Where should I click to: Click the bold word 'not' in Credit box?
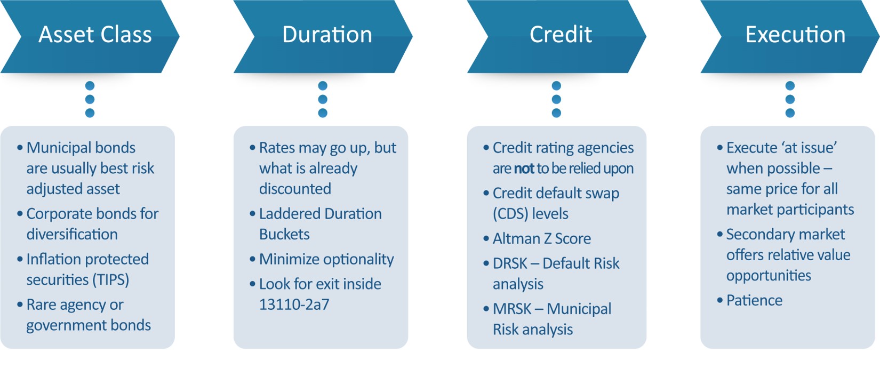tap(524, 169)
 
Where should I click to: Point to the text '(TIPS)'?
tap(111, 280)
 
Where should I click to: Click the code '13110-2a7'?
tap(294, 304)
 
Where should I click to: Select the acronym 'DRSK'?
tap(510, 263)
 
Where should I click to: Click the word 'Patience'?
tap(754, 301)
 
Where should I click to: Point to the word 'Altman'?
tap(514, 238)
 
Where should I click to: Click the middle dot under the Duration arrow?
tap(323, 99)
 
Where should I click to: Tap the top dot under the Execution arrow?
tap(790, 85)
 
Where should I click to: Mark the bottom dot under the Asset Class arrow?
tap(90, 113)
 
